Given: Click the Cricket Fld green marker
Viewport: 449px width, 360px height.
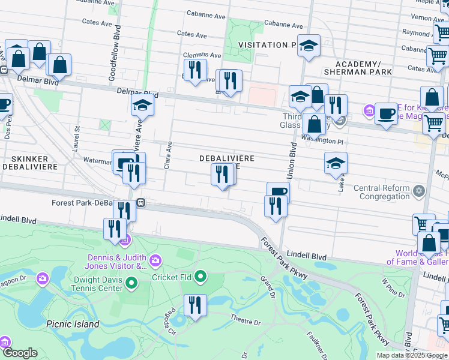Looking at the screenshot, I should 200,277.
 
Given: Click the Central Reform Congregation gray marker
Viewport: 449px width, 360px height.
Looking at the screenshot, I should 419,192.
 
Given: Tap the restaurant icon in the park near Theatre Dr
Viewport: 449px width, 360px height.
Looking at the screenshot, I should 194,305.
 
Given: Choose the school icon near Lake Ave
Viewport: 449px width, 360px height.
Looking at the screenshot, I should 336,163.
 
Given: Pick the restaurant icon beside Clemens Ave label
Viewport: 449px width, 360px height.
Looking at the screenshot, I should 194,70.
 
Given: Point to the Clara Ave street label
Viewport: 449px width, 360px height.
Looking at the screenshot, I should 169,156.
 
